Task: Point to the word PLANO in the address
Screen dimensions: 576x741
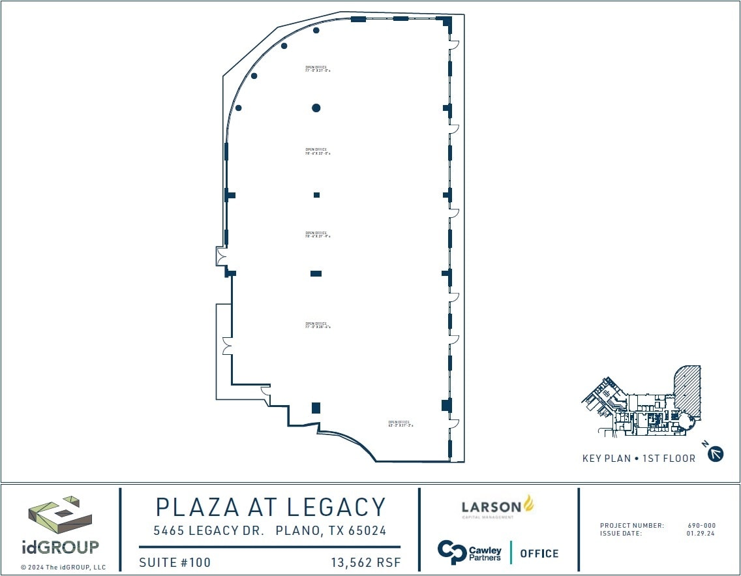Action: click(297, 531)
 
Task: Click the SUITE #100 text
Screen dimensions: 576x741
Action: click(175, 562)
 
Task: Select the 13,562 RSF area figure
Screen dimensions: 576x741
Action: click(366, 562)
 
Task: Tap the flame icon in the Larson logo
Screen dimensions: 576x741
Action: click(528, 503)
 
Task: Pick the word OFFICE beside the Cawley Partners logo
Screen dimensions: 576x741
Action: click(539, 553)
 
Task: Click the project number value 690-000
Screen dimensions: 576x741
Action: click(702, 526)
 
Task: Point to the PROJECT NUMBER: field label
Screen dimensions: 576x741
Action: click(631, 526)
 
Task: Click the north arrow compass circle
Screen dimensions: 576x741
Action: click(716, 454)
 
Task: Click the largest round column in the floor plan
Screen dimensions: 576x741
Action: click(316, 108)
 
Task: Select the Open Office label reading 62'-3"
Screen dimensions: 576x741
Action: click(401, 423)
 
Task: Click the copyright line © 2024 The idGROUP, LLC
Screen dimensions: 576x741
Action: click(63, 568)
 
